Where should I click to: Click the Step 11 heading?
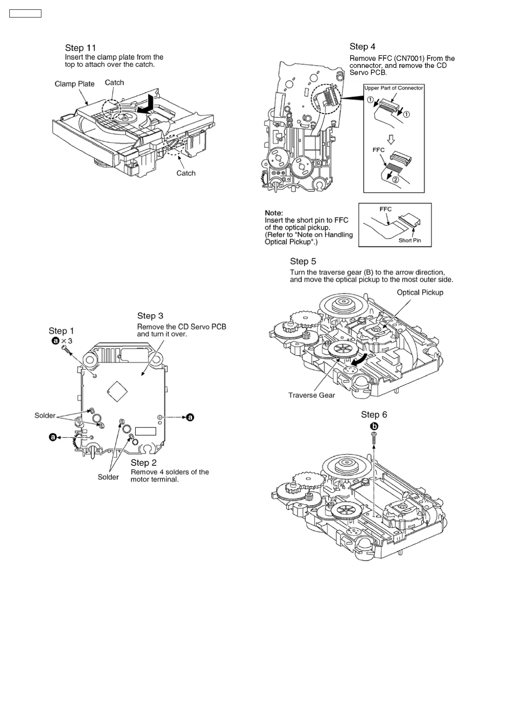(80, 48)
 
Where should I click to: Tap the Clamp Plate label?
(74, 84)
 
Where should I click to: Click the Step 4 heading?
(362, 47)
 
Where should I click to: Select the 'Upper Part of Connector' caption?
(393, 88)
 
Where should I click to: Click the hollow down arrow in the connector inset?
(391, 139)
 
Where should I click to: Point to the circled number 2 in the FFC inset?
(396, 179)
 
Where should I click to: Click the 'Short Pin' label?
(409, 240)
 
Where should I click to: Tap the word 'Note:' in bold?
(274, 213)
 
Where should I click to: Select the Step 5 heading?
(303, 261)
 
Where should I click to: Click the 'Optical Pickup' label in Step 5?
(420, 292)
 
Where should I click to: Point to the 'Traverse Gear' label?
(311, 395)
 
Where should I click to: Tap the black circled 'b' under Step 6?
(374, 426)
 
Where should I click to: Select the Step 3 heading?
(150, 316)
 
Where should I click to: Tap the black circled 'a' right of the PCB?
(190, 417)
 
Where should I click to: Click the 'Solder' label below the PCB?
(108, 477)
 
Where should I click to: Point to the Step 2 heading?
(143, 463)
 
